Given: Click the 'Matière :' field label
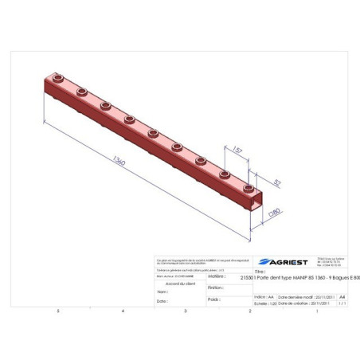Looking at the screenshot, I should point(216,278).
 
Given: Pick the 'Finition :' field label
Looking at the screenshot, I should point(214,288).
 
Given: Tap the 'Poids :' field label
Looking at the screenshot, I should point(213,299).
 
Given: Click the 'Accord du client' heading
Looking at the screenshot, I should point(179,283).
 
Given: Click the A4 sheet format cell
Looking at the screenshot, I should point(342,295).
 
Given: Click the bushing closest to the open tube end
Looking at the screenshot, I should point(226,173).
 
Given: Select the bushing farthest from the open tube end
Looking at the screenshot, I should point(59,80).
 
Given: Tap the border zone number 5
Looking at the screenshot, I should point(57,311).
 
